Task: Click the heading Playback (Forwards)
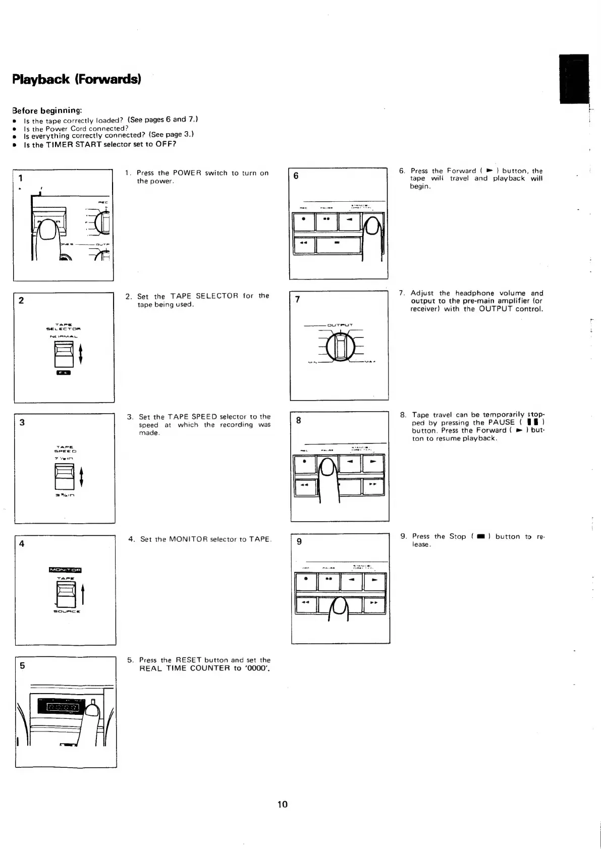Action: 77,80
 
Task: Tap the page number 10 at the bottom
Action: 282,804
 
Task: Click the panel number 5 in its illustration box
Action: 22,665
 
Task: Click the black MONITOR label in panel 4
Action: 65,571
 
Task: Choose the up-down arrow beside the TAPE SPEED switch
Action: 81,477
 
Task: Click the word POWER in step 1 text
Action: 187,173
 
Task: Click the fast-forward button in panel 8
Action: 373,485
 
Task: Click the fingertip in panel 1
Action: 48,232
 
